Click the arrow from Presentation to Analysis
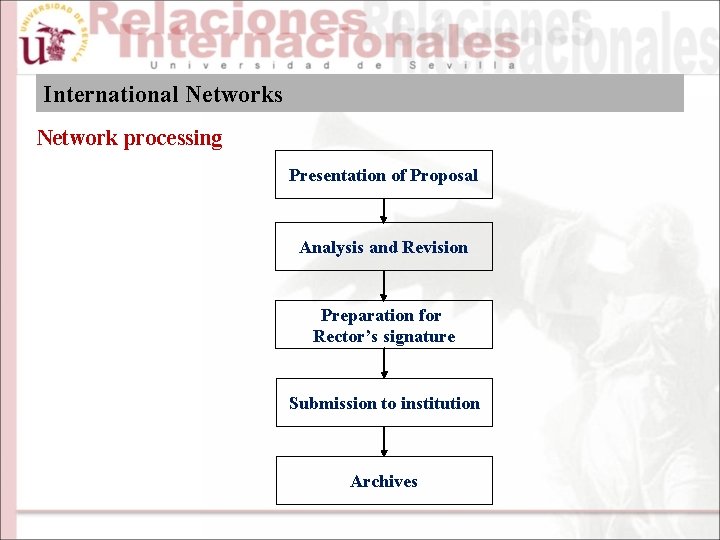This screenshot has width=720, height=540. tap(384, 210)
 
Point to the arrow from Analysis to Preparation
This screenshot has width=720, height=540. tap(384, 285)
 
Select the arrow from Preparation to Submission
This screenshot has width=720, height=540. tap(384, 363)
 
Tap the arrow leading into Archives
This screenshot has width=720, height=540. tap(384, 441)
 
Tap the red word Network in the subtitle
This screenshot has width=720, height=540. tap(77, 138)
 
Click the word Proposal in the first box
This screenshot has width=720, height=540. tap(444, 175)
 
